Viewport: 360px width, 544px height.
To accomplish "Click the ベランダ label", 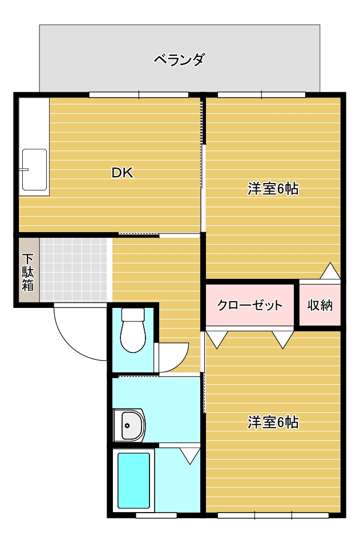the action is pos(179,60).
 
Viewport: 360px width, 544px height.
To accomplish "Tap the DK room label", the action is pos(122,173).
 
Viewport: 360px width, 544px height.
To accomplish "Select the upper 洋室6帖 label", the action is pos(273,189).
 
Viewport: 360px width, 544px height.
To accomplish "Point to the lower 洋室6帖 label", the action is pos(273,422).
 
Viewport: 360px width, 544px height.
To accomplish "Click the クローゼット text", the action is pos(250,305).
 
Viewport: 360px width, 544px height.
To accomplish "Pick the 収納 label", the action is pos(319,305).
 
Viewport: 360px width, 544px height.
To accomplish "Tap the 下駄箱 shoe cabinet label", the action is pos(28,273).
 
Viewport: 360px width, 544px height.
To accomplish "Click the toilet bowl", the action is pos(133,336).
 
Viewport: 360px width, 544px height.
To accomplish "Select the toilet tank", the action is pos(133,314).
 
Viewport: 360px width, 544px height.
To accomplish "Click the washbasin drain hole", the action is pos(127,425).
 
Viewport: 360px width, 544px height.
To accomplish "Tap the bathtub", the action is pos(134,481).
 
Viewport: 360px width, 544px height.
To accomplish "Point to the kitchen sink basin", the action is pos(34,170).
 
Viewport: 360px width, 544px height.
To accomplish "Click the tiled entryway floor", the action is pos(73,270).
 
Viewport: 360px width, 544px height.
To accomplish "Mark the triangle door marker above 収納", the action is pos(330,271).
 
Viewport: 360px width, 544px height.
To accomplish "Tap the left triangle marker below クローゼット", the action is pos(217,339).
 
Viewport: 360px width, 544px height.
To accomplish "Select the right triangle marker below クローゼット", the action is pos(283,339).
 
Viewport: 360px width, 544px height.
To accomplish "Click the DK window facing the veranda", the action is pos(139,95).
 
